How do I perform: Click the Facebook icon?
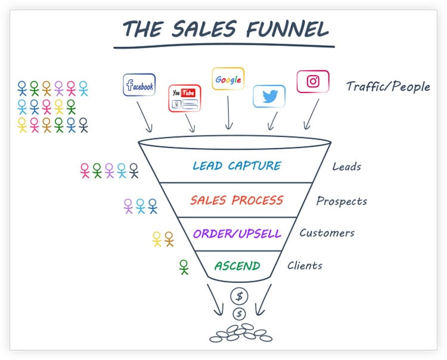click(x=139, y=85)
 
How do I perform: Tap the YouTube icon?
click(x=184, y=98)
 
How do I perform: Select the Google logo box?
click(x=228, y=79)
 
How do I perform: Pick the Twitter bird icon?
click(x=269, y=96)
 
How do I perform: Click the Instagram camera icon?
click(x=313, y=82)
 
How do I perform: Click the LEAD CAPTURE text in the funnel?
click(x=236, y=166)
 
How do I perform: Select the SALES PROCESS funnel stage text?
click(x=237, y=200)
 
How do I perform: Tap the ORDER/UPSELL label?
click(x=237, y=233)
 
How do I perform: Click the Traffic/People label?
click(x=388, y=87)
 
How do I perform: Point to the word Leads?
click(x=347, y=167)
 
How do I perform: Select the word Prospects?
click(x=342, y=201)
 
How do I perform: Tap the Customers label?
click(x=327, y=233)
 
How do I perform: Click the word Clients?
click(x=305, y=266)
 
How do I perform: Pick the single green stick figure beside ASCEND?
click(x=184, y=267)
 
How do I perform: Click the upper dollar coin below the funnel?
click(x=240, y=296)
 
